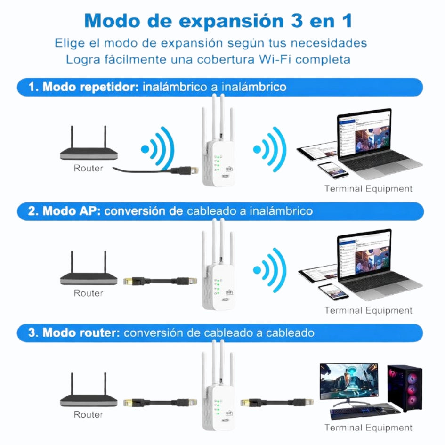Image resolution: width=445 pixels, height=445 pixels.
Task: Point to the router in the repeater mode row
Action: point(89,148)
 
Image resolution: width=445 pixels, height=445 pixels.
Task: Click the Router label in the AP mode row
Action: point(88,293)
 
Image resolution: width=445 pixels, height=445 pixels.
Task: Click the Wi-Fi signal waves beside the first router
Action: point(158,149)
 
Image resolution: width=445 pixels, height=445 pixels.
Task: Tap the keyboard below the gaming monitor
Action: point(359,413)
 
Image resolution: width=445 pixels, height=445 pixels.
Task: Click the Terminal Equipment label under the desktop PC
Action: point(368,428)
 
